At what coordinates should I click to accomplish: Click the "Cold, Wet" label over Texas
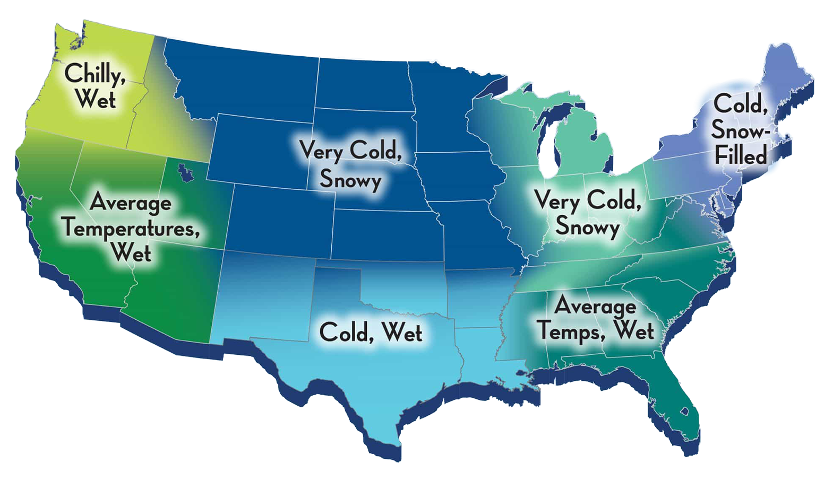point(371,333)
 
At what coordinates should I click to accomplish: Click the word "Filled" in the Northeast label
point(741,155)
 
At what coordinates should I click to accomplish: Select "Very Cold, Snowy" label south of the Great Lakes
point(586,213)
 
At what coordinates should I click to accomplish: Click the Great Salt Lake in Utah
point(184,171)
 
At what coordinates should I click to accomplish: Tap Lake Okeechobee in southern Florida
point(685,411)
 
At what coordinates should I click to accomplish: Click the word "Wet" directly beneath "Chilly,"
point(96,99)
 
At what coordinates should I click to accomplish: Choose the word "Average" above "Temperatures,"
point(131,203)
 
